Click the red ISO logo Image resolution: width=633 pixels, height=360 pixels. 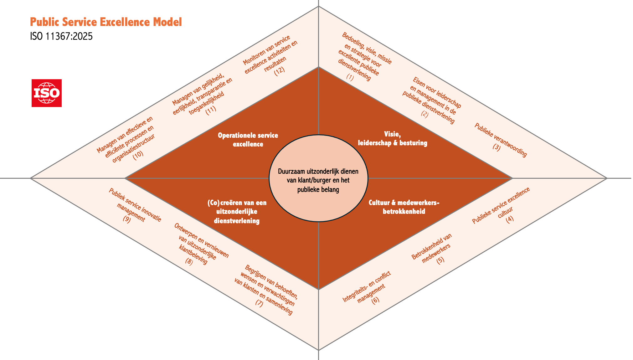[x=47, y=93]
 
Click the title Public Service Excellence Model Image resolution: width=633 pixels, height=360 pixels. [x=106, y=22]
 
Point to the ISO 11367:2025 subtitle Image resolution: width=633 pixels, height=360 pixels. [x=61, y=37]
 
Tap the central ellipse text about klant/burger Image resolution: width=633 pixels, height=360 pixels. [x=318, y=180]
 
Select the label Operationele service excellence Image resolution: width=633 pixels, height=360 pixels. [x=248, y=140]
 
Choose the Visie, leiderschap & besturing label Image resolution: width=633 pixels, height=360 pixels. [x=393, y=139]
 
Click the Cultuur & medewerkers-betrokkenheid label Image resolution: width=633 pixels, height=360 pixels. [x=404, y=207]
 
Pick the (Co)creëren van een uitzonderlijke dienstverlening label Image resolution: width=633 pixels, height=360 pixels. [x=237, y=212]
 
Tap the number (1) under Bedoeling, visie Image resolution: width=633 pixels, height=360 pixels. [x=350, y=77]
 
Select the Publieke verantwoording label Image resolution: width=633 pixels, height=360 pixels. [x=501, y=140]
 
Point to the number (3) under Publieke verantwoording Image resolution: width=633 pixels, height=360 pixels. [x=497, y=147]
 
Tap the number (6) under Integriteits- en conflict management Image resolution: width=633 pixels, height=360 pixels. [x=375, y=300]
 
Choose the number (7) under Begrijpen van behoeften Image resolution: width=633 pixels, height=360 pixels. [x=259, y=303]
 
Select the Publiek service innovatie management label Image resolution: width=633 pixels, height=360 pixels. [x=135, y=206]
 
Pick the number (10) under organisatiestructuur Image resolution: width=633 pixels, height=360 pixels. [x=138, y=155]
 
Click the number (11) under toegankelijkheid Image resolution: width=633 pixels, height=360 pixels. [x=211, y=110]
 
